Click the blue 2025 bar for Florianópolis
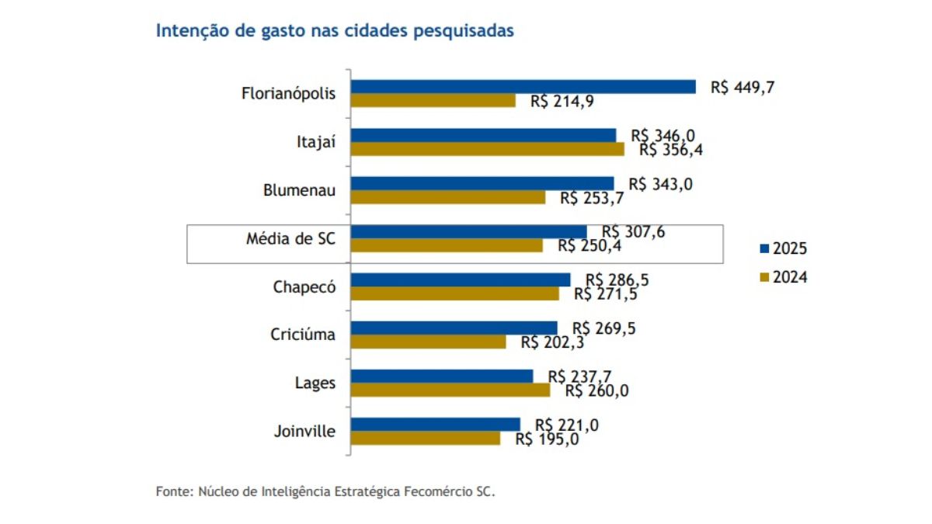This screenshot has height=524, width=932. [x=523, y=87]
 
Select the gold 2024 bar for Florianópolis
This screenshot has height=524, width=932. [x=433, y=101]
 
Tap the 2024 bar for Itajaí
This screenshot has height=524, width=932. [x=488, y=149]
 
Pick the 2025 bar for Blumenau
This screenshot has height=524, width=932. [x=482, y=184]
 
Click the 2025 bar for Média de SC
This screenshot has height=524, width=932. [x=469, y=232]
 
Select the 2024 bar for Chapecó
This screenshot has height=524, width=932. [x=455, y=294]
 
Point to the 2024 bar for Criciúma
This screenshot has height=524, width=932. [x=429, y=342]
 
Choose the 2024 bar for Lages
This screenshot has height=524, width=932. [x=450, y=390]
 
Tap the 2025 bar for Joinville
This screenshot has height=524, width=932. [x=436, y=425]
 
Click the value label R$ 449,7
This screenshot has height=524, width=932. [x=742, y=87]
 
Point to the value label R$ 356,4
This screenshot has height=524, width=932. [x=671, y=150]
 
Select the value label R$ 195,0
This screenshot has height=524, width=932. [x=547, y=439]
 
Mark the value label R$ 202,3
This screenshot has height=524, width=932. [x=552, y=342]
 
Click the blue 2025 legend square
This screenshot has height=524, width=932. [x=763, y=249]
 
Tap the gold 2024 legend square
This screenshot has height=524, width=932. [x=763, y=277]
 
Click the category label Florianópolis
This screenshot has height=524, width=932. [x=289, y=94]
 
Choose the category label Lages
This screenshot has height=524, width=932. [x=315, y=383]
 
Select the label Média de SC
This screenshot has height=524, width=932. [x=291, y=238]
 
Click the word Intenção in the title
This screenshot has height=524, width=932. [x=187, y=31]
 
